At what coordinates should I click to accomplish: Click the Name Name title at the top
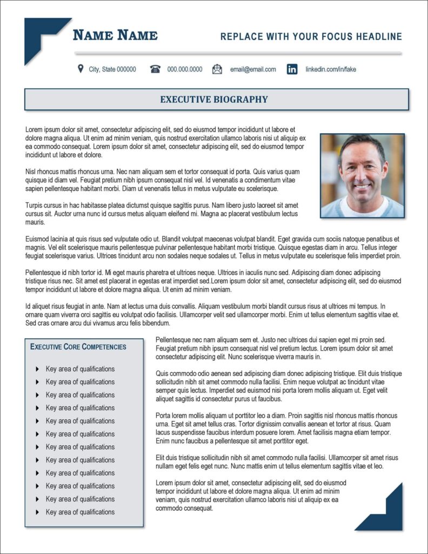(115, 36)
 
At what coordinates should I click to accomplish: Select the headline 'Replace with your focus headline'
(311, 37)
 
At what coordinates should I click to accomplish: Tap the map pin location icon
(81, 69)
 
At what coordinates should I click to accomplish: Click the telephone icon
(156, 69)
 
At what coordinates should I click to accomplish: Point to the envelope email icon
(217, 69)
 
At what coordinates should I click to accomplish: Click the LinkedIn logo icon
(292, 69)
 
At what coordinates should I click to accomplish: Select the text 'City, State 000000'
(112, 69)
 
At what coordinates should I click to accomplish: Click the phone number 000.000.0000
(185, 69)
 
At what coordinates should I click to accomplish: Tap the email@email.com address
(253, 69)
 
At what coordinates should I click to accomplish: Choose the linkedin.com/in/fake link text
(331, 69)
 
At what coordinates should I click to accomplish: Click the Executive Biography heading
(214, 100)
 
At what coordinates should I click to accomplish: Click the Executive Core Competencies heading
(78, 347)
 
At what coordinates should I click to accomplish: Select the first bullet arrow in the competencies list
(37, 369)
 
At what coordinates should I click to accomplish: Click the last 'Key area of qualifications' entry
(80, 512)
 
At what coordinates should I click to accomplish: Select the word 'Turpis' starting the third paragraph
(35, 205)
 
